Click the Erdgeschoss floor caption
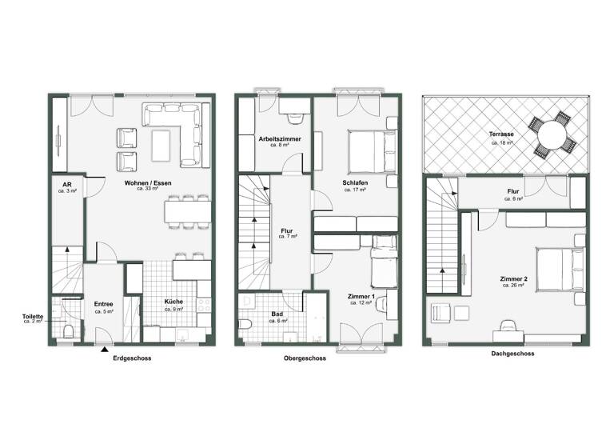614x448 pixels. (132, 358)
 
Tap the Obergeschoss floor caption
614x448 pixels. (304, 358)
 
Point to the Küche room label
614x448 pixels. (174, 302)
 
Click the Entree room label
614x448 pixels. (104, 304)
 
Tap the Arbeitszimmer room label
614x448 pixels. (280, 139)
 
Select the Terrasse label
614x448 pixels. (502, 134)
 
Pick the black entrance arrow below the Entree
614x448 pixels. (104, 350)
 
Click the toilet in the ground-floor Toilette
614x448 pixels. (69, 331)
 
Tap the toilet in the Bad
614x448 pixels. (246, 325)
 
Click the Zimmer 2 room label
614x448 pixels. (512, 278)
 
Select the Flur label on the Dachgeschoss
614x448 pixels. (514, 192)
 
